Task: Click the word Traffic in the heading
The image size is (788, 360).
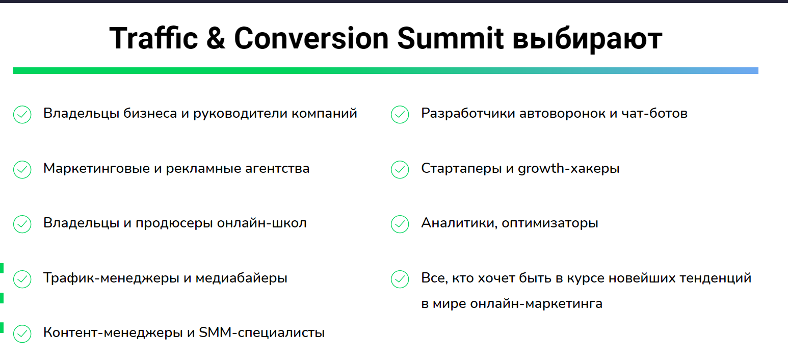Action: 154,38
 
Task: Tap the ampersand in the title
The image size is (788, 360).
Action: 216,38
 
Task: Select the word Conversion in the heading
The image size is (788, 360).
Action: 311,38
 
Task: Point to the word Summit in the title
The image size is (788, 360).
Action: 450,38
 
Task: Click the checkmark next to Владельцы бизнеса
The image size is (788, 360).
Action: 22,114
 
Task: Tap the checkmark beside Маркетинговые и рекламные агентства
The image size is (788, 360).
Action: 22,169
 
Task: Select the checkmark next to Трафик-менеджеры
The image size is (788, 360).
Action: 22,279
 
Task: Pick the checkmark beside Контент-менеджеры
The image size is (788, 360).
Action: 22,333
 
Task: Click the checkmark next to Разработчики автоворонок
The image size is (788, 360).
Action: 400,114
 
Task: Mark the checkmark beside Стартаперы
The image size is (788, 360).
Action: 400,169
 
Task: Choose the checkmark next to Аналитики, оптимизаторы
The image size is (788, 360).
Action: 400,224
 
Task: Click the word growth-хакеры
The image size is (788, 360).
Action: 568,169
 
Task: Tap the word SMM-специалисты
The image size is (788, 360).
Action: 261,333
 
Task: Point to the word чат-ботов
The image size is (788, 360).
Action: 654,113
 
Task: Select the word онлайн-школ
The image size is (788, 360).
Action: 261,223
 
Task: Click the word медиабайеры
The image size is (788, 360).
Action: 241,278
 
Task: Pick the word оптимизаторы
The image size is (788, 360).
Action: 550,223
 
